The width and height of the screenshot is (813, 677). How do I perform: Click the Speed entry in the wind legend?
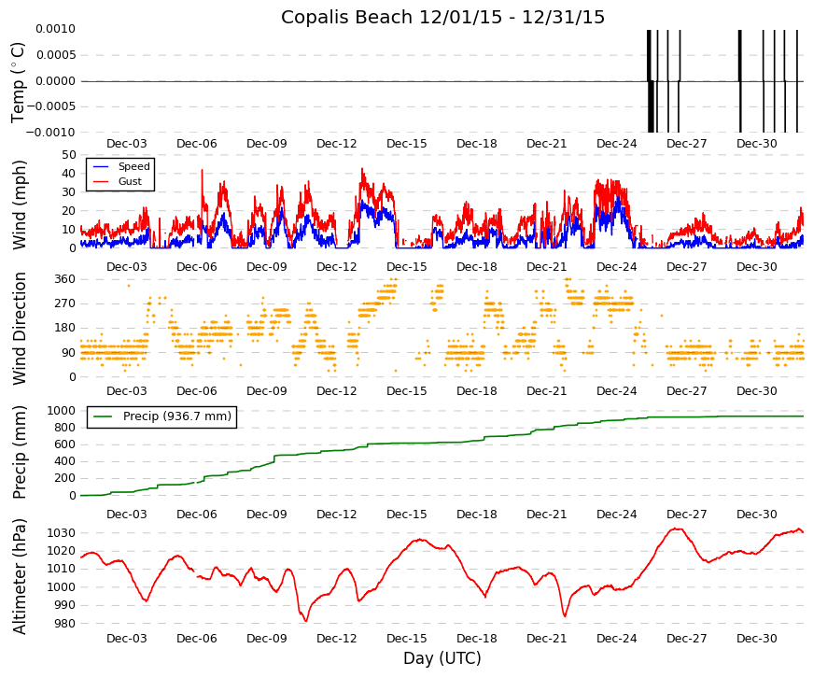pos(133,166)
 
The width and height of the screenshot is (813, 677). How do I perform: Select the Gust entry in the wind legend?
pos(130,181)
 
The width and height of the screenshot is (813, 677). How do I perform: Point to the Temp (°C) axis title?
pos(18,82)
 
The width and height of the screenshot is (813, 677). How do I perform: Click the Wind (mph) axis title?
pos(20,205)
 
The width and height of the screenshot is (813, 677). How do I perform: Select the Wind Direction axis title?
pos(20,329)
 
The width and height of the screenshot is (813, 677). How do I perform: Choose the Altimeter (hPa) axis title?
pos(20,576)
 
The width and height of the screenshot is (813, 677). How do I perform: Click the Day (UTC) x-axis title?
pos(442,658)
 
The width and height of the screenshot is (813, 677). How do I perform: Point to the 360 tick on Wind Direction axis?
pos(65,279)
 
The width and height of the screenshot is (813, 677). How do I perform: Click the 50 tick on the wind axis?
pos(69,155)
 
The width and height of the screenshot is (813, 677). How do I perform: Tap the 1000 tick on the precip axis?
pos(62,411)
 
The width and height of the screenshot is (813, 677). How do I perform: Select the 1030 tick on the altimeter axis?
pos(62,533)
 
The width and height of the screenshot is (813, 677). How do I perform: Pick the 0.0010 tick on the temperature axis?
pos(55,29)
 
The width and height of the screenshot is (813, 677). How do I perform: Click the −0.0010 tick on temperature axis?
pos(50,133)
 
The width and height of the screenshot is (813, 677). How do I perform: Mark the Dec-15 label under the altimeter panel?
pos(407,639)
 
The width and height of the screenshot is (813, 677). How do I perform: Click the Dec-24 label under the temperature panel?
pos(616,144)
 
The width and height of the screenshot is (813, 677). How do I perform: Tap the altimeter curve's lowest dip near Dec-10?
pos(306,620)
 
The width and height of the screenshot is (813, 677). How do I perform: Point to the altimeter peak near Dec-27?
pos(676,529)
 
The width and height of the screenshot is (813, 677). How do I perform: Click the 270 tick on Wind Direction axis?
pos(65,303)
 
